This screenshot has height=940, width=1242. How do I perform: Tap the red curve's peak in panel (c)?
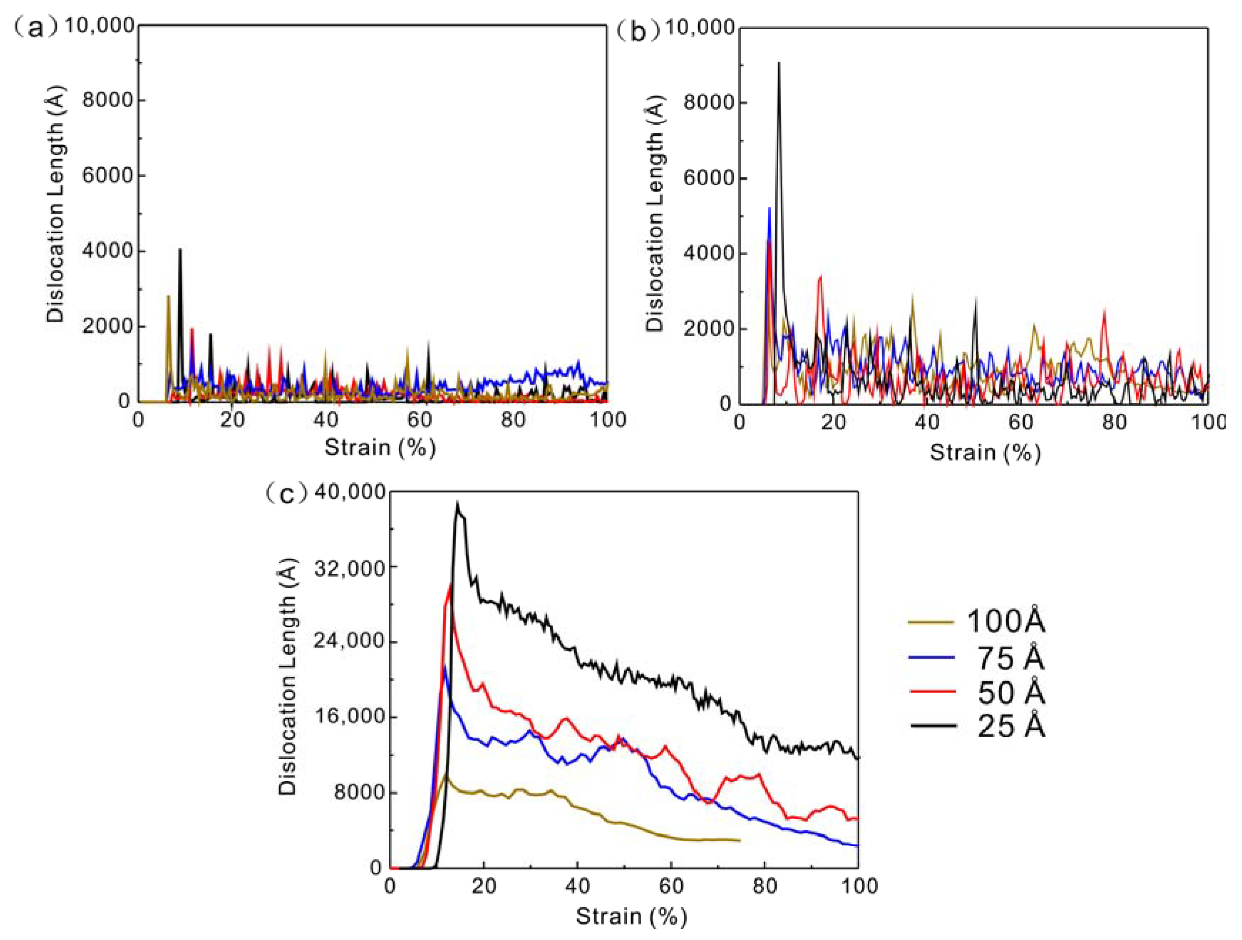(450, 585)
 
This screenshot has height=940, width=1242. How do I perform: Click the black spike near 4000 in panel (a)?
(180, 249)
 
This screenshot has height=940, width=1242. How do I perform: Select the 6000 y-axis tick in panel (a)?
(108, 176)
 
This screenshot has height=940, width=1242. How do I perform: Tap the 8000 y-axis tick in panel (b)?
(708, 103)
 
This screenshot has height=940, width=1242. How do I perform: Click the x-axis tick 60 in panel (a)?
(419, 420)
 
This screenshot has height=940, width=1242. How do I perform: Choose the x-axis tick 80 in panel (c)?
(765, 886)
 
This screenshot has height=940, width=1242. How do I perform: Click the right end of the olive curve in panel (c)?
(740, 840)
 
